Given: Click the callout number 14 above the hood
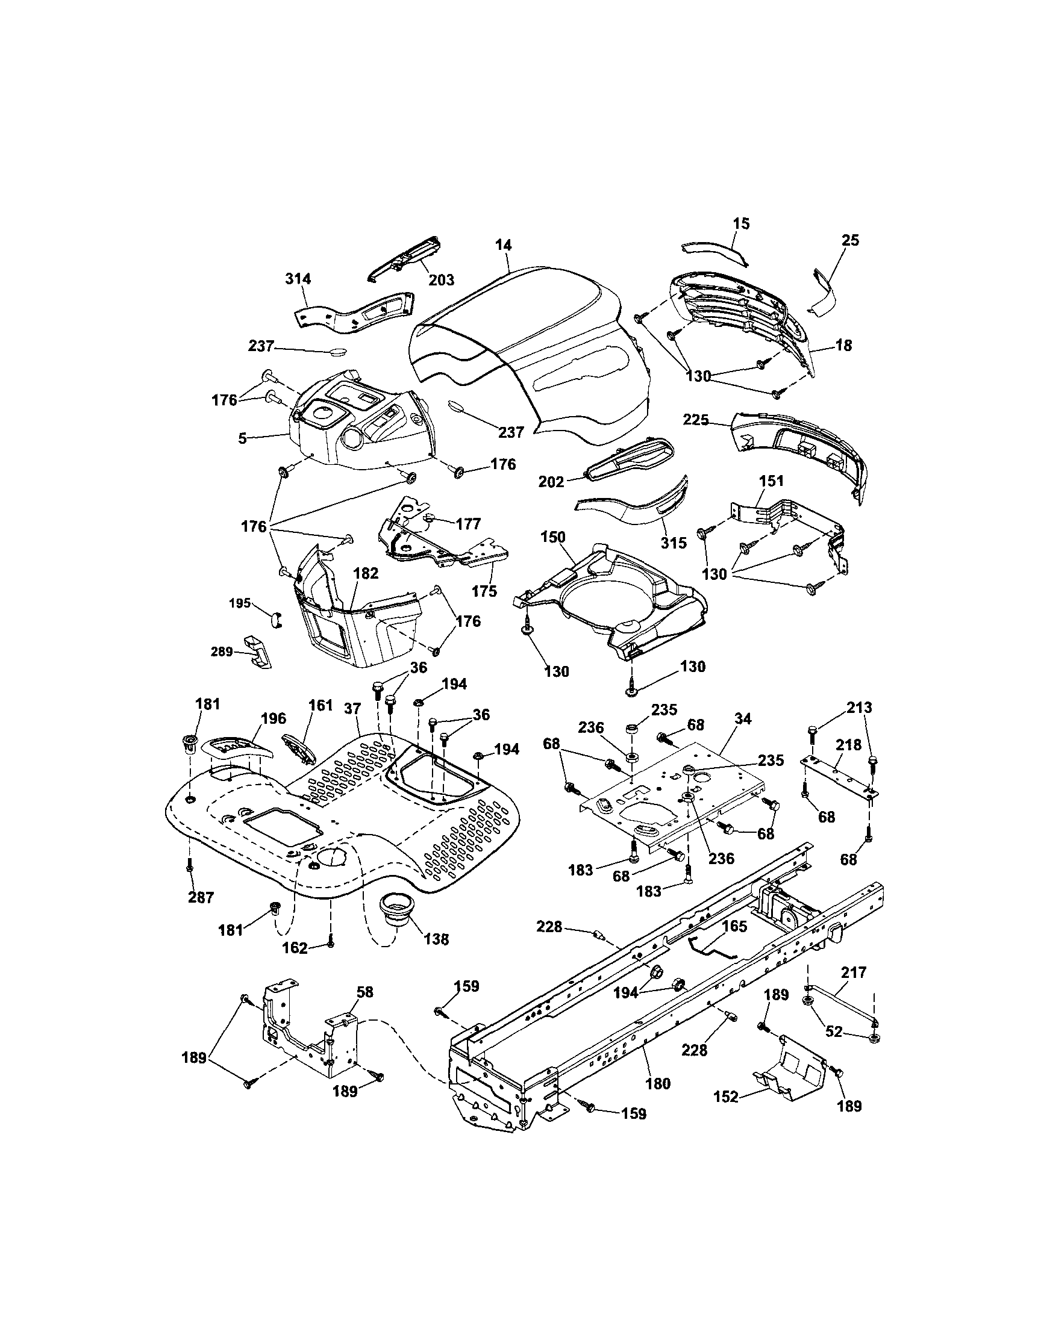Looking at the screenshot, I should coord(503,245).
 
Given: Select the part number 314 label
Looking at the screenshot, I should coord(298,279).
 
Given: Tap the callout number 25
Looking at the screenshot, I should coord(851,240).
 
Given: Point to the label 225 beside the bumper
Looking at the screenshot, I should coord(695,420).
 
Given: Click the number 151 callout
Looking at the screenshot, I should coord(772,482).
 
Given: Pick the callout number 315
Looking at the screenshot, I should coord(674,543).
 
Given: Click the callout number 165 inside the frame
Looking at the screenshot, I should coord(735,944).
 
